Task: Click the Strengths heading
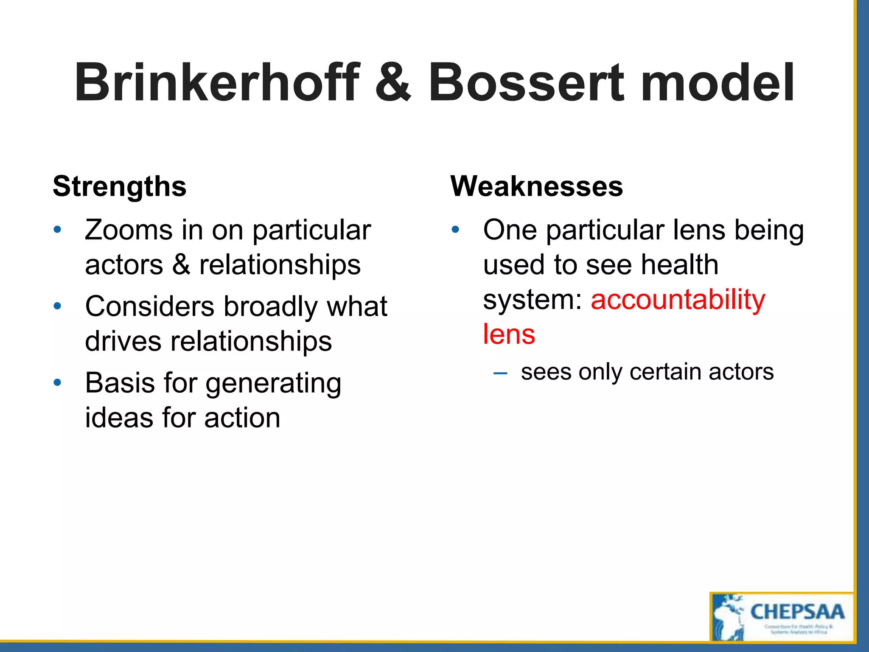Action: coord(120,187)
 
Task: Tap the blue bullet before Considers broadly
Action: coord(57,306)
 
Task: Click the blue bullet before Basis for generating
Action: coord(57,383)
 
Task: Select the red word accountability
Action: coord(678,299)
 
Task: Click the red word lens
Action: coord(509,334)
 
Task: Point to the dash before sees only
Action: coord(500,373)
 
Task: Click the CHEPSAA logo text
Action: coord(797,612)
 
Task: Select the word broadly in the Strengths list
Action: coord(270,306)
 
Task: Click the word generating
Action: coord(273,384)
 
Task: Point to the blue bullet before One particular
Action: coord(455,230)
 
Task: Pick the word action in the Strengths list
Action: coord(242,418)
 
